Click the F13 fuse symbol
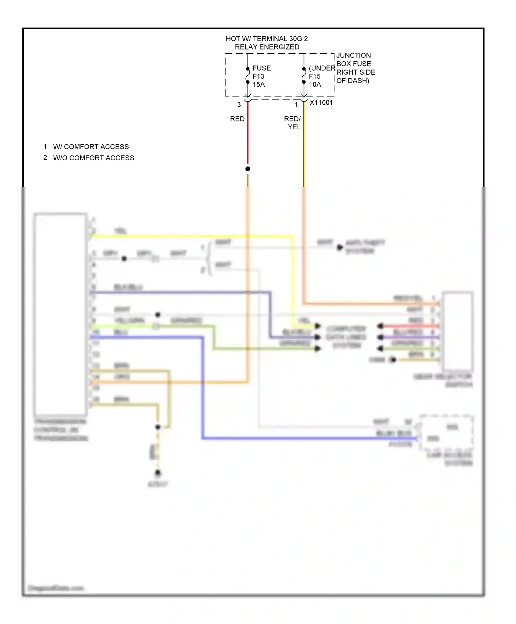248,75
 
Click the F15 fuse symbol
304,75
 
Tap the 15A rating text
259,85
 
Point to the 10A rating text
315,85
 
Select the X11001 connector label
321,103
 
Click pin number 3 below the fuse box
239,105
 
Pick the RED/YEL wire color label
293,123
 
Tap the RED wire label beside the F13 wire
237,119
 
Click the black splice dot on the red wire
248,169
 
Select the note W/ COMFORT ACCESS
91,147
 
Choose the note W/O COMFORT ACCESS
94,158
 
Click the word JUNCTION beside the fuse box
354,55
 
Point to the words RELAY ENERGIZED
267,47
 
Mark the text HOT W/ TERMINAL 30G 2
267,39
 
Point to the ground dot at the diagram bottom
158,473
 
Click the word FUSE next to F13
261,68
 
